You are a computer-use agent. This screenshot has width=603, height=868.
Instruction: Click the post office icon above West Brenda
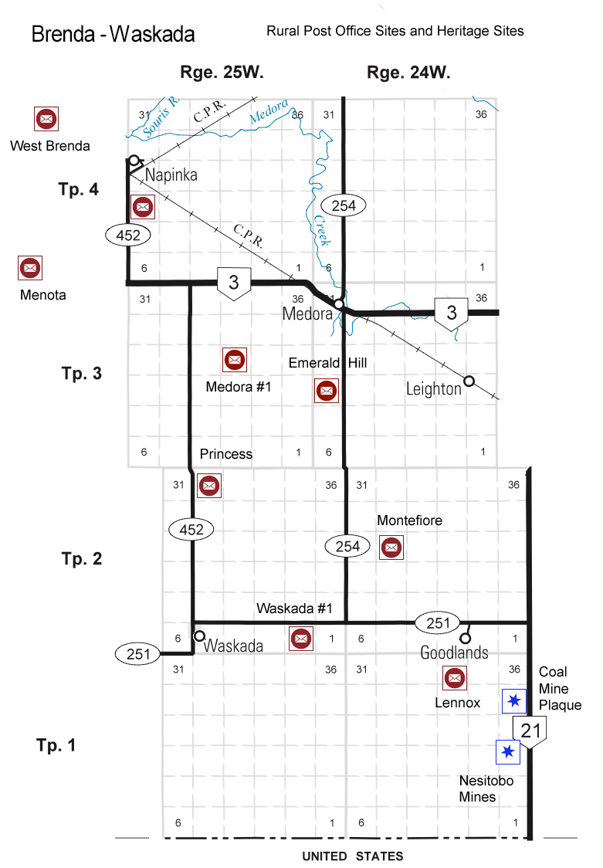[46, 119]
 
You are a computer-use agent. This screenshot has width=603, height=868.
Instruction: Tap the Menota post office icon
[30, 268]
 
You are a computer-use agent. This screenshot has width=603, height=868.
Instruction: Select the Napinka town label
[171, 175]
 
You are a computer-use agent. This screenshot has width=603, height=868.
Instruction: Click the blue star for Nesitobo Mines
[507, 751]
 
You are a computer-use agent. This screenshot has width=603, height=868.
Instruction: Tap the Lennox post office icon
[453, 678]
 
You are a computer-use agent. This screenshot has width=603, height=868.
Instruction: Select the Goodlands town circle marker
[465, 639]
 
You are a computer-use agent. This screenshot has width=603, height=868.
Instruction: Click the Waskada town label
[233, 646]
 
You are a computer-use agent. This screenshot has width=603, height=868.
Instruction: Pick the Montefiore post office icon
[391, 548]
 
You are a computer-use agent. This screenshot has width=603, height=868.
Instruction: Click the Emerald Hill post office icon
[327, 391]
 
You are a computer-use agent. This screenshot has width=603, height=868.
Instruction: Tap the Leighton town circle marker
[469, 381]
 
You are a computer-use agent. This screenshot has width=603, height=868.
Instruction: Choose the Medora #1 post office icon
[234, 359]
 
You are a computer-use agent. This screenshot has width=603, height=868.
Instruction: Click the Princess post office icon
[209, 486]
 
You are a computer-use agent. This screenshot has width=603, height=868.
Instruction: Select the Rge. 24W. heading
[408, 73]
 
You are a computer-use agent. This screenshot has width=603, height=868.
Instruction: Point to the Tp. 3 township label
[82, 374]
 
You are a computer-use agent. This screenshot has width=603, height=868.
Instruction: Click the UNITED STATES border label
[352, 856]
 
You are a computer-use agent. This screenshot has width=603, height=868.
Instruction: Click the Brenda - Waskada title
[113, 35]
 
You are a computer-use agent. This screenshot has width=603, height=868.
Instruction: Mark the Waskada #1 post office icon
[300, 638]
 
